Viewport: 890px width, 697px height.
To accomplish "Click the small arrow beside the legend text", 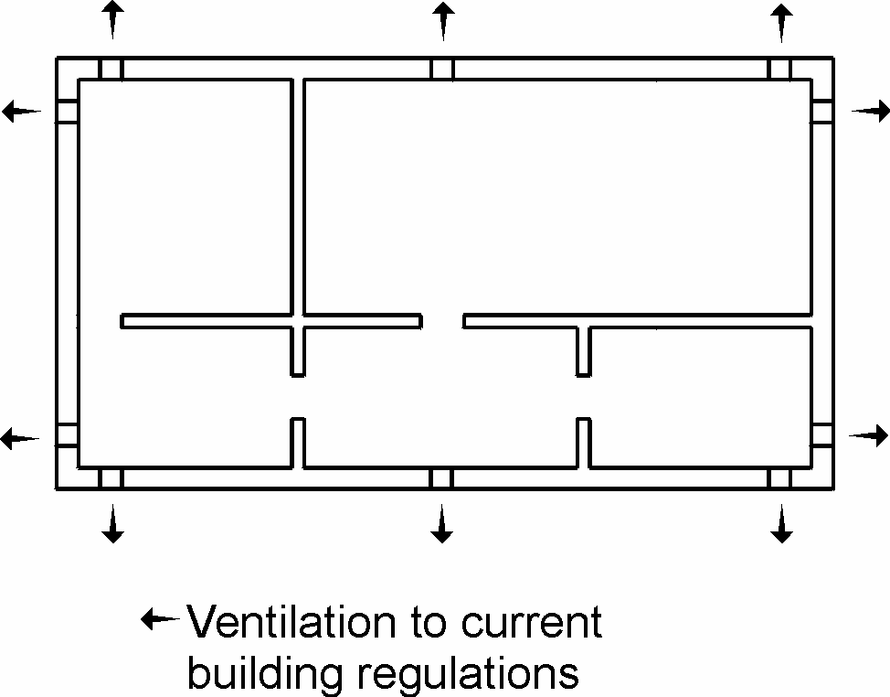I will tap(160, 620).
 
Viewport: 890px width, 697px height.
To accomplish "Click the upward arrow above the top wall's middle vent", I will tap(442, 20).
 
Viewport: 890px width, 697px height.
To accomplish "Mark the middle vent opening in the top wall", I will tap(442, 69).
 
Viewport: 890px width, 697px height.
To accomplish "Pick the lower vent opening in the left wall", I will tap(68, 435).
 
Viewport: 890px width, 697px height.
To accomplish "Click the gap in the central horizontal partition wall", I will tap(442, 321).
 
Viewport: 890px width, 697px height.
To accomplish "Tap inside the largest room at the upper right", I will tap(557, 197).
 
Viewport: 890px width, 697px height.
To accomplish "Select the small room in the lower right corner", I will tap(701, 398).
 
